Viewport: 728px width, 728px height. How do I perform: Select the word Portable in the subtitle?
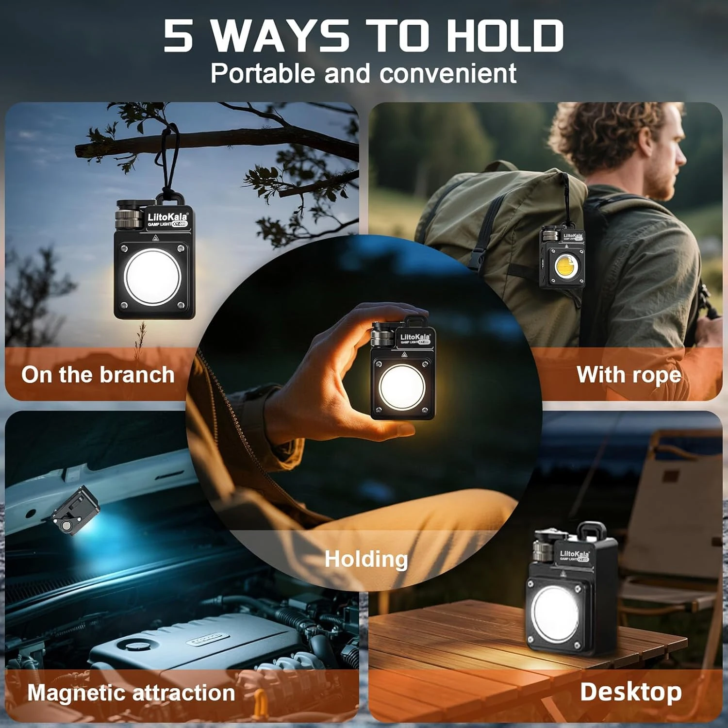coord(263,74)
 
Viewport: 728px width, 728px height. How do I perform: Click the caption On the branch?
coord(98,375)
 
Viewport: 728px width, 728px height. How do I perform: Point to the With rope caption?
coord(629,375)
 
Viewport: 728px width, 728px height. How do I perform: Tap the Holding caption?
coord(366,559)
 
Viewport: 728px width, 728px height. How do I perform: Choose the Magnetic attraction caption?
coord(131,693)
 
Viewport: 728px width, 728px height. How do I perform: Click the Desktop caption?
coord(630,692)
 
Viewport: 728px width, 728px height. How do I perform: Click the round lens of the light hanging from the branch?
coord(152,277)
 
